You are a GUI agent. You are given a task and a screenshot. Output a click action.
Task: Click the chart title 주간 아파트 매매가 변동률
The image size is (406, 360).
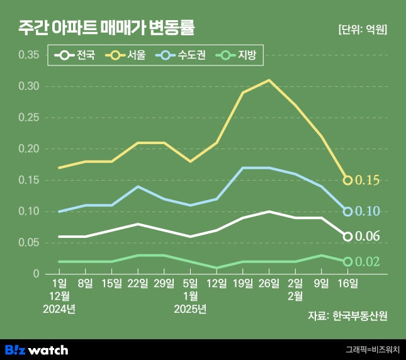pyautogui.click(x=106, y=28)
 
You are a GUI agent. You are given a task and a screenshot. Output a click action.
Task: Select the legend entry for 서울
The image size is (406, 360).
pyautogui.click(x=128, y=55)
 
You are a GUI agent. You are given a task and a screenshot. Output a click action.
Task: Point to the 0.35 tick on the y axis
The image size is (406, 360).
pyautogui.click(x=28, y=55)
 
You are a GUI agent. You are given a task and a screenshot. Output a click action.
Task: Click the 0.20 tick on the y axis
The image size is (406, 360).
pyautogui.click(x=28, y=149)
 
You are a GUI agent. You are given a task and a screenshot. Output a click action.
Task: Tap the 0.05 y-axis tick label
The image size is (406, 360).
pyautogui.click(x=28, y=243)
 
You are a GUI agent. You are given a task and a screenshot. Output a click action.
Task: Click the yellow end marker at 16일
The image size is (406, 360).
pyautogui.click(x=347, y=180)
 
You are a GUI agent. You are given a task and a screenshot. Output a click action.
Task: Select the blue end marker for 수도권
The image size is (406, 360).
pyautogui.click(x=347, y=211)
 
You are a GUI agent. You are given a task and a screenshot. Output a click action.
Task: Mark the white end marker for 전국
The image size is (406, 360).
pyautogui.click(x=347, y=237)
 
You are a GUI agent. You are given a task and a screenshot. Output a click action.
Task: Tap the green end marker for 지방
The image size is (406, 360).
pyautogui.click(x=347, y=261)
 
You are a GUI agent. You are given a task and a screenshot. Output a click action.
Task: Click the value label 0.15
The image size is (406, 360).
pyautogui.click(x=367, y=181)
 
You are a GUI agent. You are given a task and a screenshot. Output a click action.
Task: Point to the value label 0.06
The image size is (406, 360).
pyautogui.click(x=367, y=237)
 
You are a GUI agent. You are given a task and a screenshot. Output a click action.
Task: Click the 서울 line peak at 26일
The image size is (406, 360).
pyautogui.click(x=269, y=80)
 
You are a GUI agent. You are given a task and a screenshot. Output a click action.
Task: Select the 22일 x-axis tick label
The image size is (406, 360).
pyautogui.click(x=138, y=284)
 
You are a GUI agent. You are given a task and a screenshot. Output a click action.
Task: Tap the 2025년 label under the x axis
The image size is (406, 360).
pyautogui.click(x=191, y=309)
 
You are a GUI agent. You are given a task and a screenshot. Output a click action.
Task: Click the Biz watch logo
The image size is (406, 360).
pyautogui.click(x=37, y=349)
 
